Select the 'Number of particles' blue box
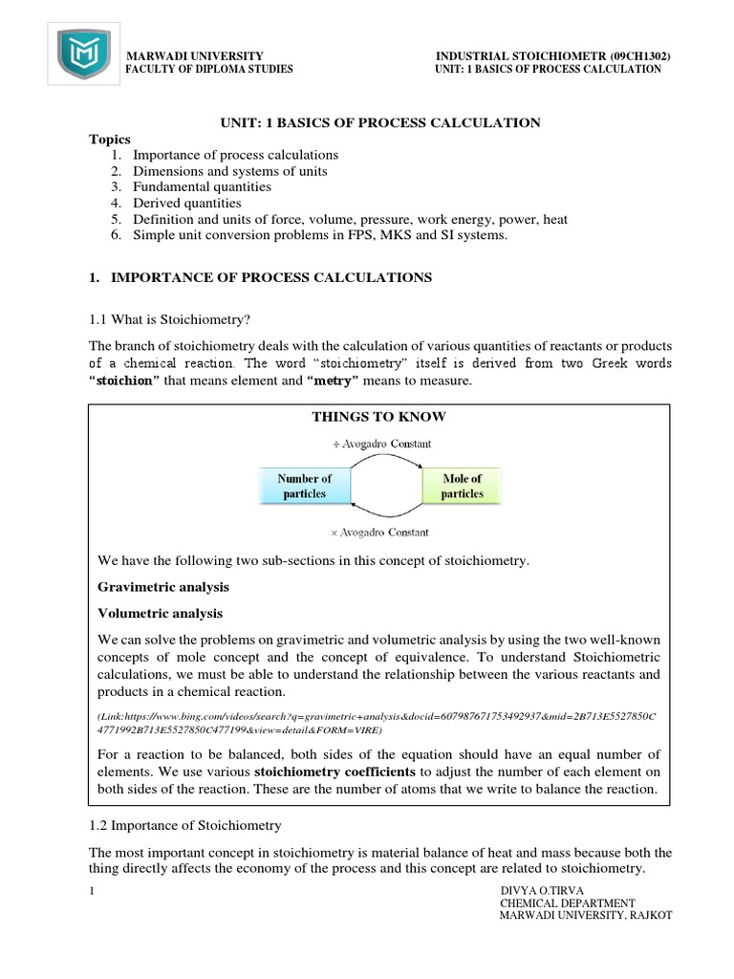click(x=304, y=486)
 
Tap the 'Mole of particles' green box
click(x=463, y=486)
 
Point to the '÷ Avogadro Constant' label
click(x=382, y=444)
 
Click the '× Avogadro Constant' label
click(x=382, y=532)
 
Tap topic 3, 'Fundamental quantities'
click(x=202, y=187)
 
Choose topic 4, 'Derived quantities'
click(x=187, y=204)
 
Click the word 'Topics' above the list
click(x=109, y=140)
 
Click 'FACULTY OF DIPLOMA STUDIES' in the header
click(x=210, y=70)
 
